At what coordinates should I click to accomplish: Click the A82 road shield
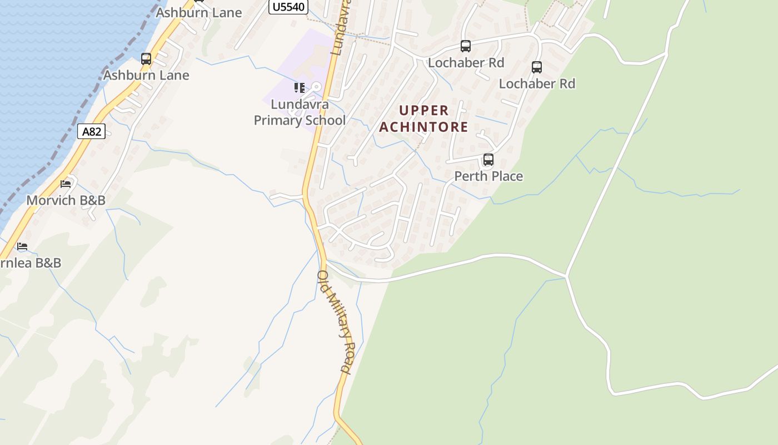[92, 131]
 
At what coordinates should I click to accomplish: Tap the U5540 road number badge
[288, 7]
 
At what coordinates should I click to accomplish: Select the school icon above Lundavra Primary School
[300, 88]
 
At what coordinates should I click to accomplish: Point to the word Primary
[276, 120]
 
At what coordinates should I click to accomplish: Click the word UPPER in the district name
[424, 110]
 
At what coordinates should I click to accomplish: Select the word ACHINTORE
[424, 127]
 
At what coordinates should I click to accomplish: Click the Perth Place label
[488, 176]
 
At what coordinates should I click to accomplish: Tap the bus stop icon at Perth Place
[488, 160]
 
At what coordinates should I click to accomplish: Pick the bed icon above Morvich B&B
[66, 184]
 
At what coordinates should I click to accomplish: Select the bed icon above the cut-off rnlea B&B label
[22, 246]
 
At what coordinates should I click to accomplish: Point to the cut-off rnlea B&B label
[31, 263]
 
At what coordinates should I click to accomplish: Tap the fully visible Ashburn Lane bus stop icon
[146, 58]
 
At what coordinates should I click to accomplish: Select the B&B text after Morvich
[92, 200]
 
